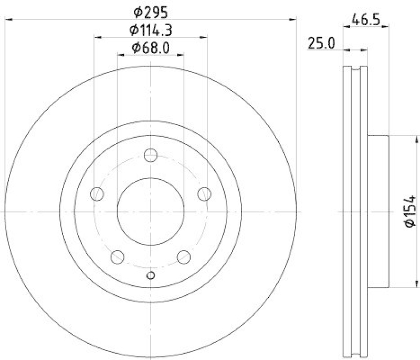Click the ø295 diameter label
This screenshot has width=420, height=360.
coord(151,10)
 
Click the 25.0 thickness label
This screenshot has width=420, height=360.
coord(322,44)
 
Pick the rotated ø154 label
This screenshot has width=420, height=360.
coord(409,211)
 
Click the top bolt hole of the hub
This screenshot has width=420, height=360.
coord(151,155)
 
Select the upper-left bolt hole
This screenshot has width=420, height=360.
coord(97,194)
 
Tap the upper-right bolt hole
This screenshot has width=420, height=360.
coord(204,194)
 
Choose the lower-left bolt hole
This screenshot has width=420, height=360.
coord(118,257)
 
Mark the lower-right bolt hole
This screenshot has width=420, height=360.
coord(184,257)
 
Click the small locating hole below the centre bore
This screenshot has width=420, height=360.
coord(151,275)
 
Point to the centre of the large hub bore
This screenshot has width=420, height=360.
coord(151,211)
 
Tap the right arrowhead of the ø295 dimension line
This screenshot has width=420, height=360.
coord(295,19)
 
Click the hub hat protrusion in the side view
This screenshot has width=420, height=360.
coord(377,211)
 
